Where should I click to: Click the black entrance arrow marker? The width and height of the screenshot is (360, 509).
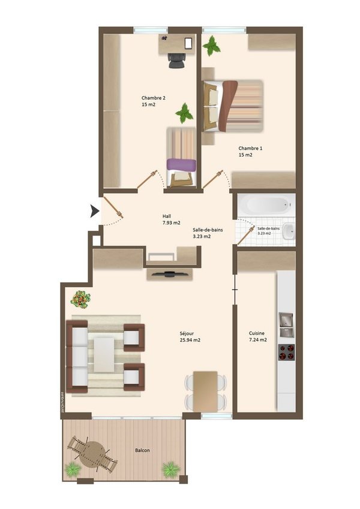click(x=94, y=210)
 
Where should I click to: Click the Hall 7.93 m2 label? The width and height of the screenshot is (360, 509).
click(x=171, y=219)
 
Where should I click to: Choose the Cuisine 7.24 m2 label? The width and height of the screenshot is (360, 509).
click(x=258, y=336)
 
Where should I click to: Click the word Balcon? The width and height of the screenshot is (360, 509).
click(x=142, y=450)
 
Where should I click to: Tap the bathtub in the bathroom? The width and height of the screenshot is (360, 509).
click(x=265, y=206)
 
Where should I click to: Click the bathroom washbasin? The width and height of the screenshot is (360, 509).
click(x=289, y=230)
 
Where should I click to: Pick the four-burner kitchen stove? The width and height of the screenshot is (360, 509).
click(x=286, y=352)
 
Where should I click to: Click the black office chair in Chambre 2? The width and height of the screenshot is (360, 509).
click(x=176, y=60)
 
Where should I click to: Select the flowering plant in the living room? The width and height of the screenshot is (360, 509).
click(x=80, y=297)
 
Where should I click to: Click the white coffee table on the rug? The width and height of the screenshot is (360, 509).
click(x=104, y=353)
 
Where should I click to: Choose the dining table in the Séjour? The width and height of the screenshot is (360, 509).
click(x=206, y=390)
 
